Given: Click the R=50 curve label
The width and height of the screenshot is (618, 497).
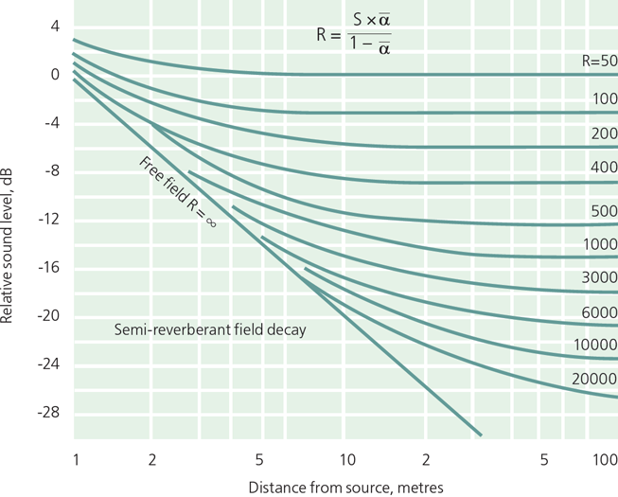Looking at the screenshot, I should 599,60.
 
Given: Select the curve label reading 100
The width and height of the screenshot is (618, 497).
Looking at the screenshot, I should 605,98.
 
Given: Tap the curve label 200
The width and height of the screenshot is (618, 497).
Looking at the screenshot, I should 604,134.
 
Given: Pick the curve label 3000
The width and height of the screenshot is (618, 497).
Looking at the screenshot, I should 600,277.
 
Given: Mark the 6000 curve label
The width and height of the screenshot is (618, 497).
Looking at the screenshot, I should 600,311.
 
